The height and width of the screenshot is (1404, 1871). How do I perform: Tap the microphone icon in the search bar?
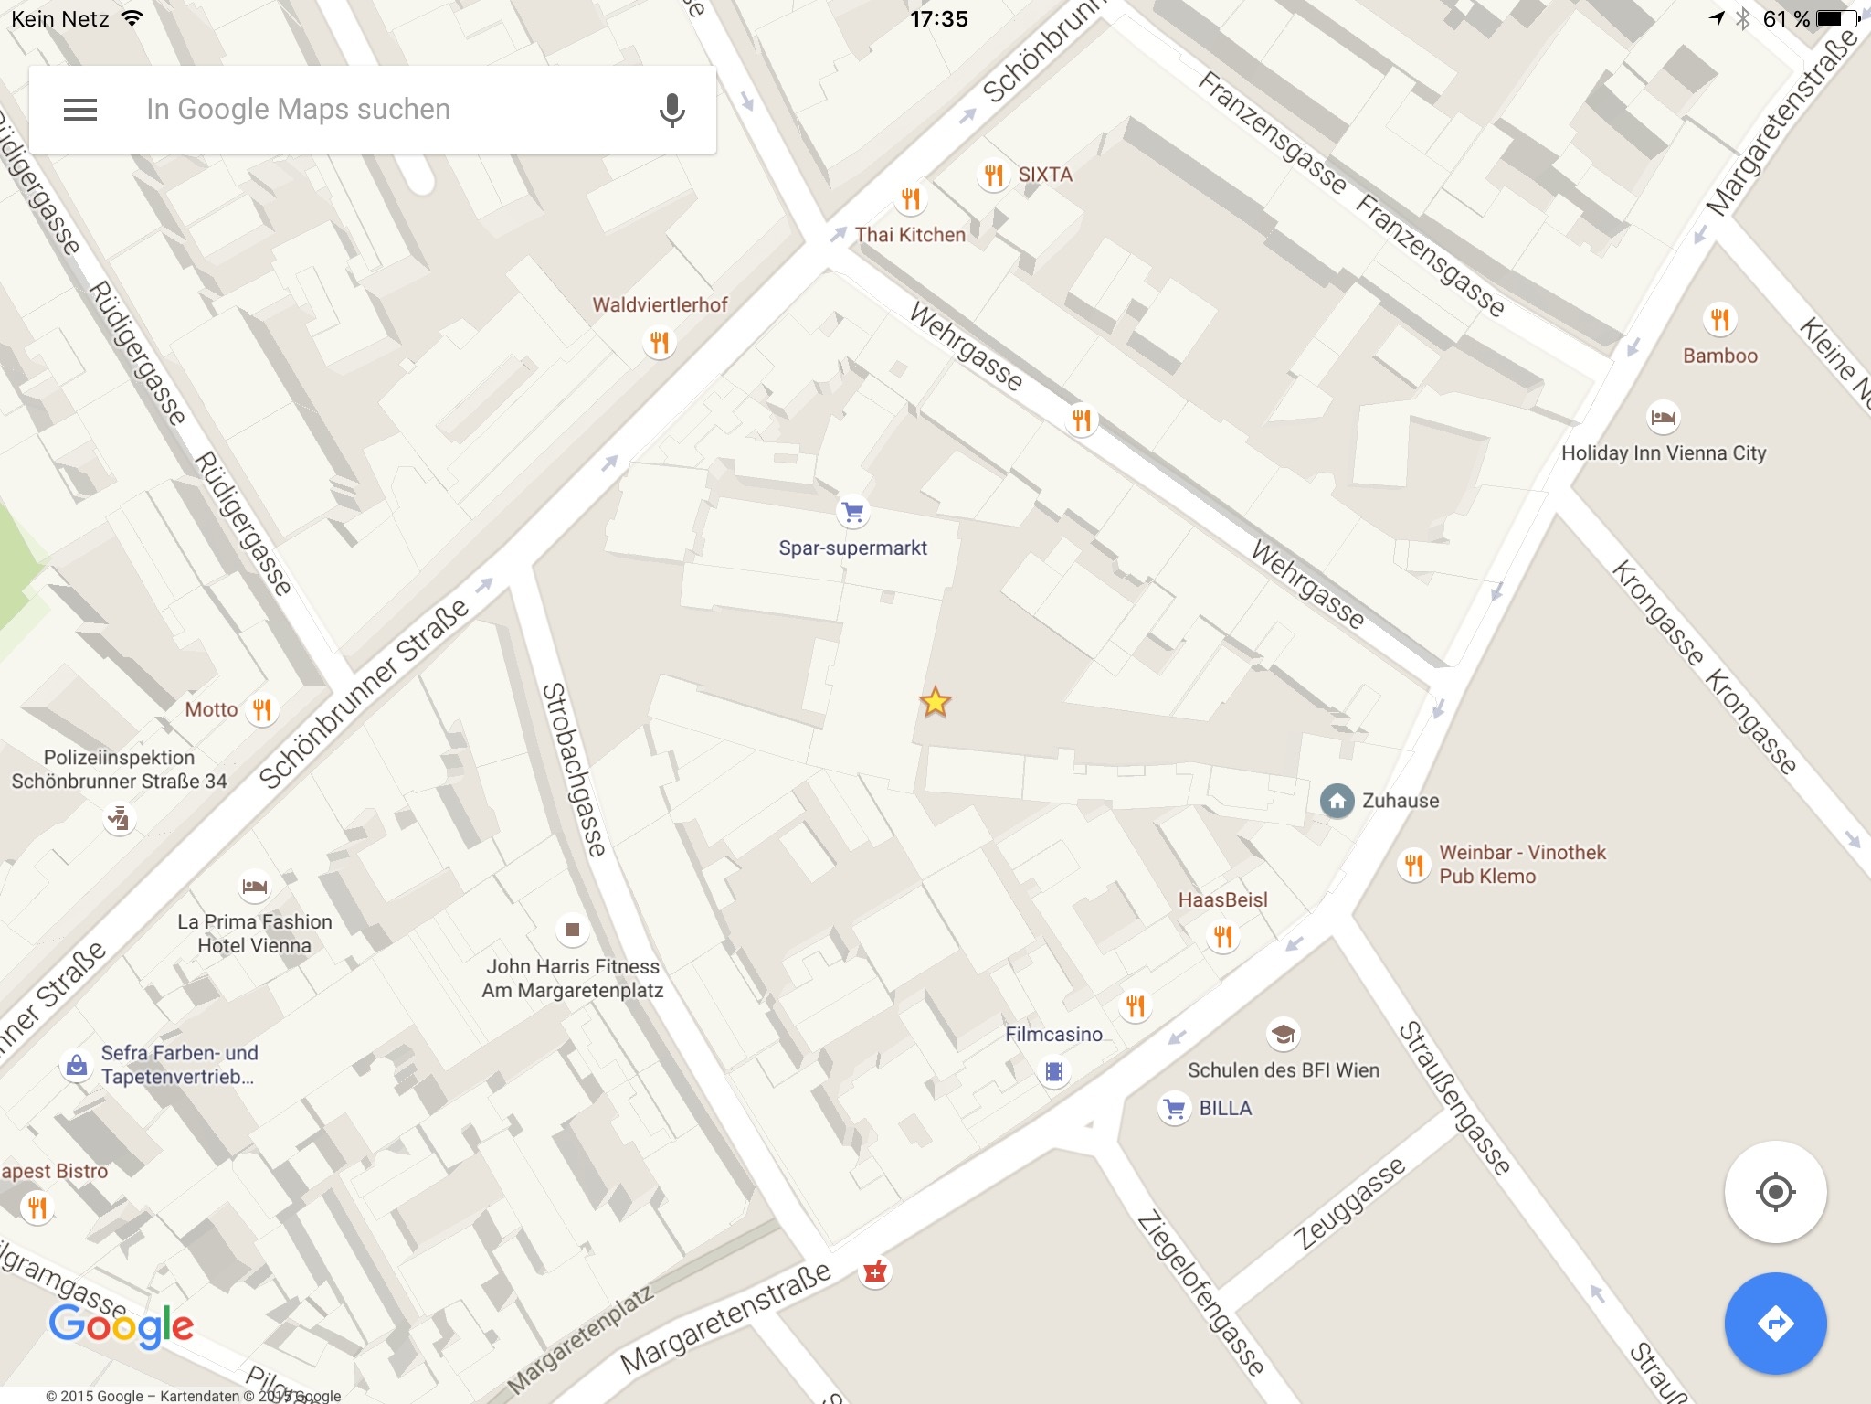coord(671,110)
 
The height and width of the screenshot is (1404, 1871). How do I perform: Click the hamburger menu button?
coord(80,110)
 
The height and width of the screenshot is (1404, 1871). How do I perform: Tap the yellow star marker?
coord(935,702)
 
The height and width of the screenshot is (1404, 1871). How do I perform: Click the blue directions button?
coord(1775,1323)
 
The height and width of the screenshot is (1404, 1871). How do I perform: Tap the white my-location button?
coord(1775,1192)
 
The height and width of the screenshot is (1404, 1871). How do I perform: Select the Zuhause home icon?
coord(1337,801)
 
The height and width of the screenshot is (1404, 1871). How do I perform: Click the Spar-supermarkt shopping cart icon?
coord(853,512)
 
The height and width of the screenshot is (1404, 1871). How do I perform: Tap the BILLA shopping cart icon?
coord(1175,1109)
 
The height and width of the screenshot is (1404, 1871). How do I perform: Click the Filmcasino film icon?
coord(1054,1071)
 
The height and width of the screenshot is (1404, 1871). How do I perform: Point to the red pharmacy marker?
coord(875,1271)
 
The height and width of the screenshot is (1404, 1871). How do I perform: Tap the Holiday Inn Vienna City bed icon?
coord(1664,418)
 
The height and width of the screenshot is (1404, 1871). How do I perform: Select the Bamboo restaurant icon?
coord(1720,319)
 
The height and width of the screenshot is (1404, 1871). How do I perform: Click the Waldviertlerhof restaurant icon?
coord(660,343)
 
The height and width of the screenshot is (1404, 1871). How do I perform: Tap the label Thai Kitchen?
coord(910,235)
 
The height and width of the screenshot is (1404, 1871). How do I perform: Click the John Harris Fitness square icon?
coord(573,930)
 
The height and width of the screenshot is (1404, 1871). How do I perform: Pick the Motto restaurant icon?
coord(262,709)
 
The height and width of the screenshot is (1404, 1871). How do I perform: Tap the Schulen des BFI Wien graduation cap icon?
coord(1284,1034)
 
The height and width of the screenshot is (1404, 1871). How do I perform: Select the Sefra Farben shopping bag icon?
coord(77,1065)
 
